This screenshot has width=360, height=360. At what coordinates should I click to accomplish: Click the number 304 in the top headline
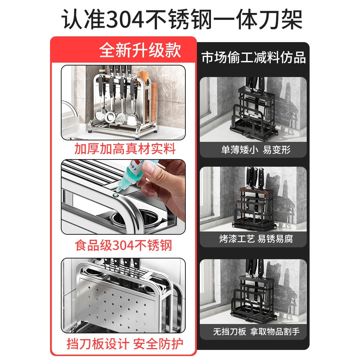tap(125, 20)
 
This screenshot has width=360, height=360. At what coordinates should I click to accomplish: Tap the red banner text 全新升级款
tap(140, 50)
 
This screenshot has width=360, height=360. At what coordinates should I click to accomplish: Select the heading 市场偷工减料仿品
tap(254, 57)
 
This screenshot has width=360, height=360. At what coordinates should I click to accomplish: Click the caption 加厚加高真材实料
tap(125, 149)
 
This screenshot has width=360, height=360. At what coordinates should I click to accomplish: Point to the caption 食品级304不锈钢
tap(123, 246)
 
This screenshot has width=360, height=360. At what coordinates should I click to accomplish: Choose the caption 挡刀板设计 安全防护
tap(125, 344)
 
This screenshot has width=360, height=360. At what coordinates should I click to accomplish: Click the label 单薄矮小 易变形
tap(256, 150)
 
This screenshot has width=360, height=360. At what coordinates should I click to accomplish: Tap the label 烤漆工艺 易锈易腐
tap(256, 239)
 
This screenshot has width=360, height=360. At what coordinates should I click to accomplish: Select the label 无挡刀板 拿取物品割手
tap(256, 332)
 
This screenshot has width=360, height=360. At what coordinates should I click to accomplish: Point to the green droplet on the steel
tap(116, 195)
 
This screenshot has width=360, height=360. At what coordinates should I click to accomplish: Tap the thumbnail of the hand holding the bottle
tap(123, 197)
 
